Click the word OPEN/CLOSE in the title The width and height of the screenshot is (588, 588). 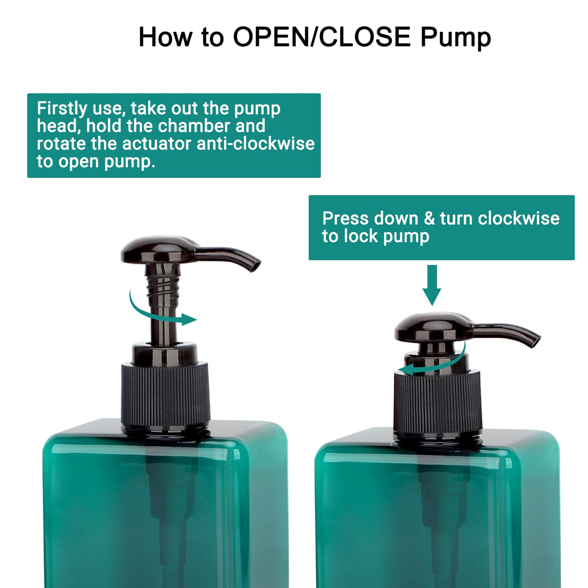click(x=322, y=37)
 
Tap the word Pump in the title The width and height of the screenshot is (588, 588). click(x=456, y=39)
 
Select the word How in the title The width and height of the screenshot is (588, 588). click(x=165, y=37)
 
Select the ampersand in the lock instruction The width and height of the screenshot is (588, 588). click(x=429, y=218)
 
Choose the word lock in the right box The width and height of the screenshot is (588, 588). click(x=361, y=236)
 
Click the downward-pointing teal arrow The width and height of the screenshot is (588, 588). click(x=432, y=285)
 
